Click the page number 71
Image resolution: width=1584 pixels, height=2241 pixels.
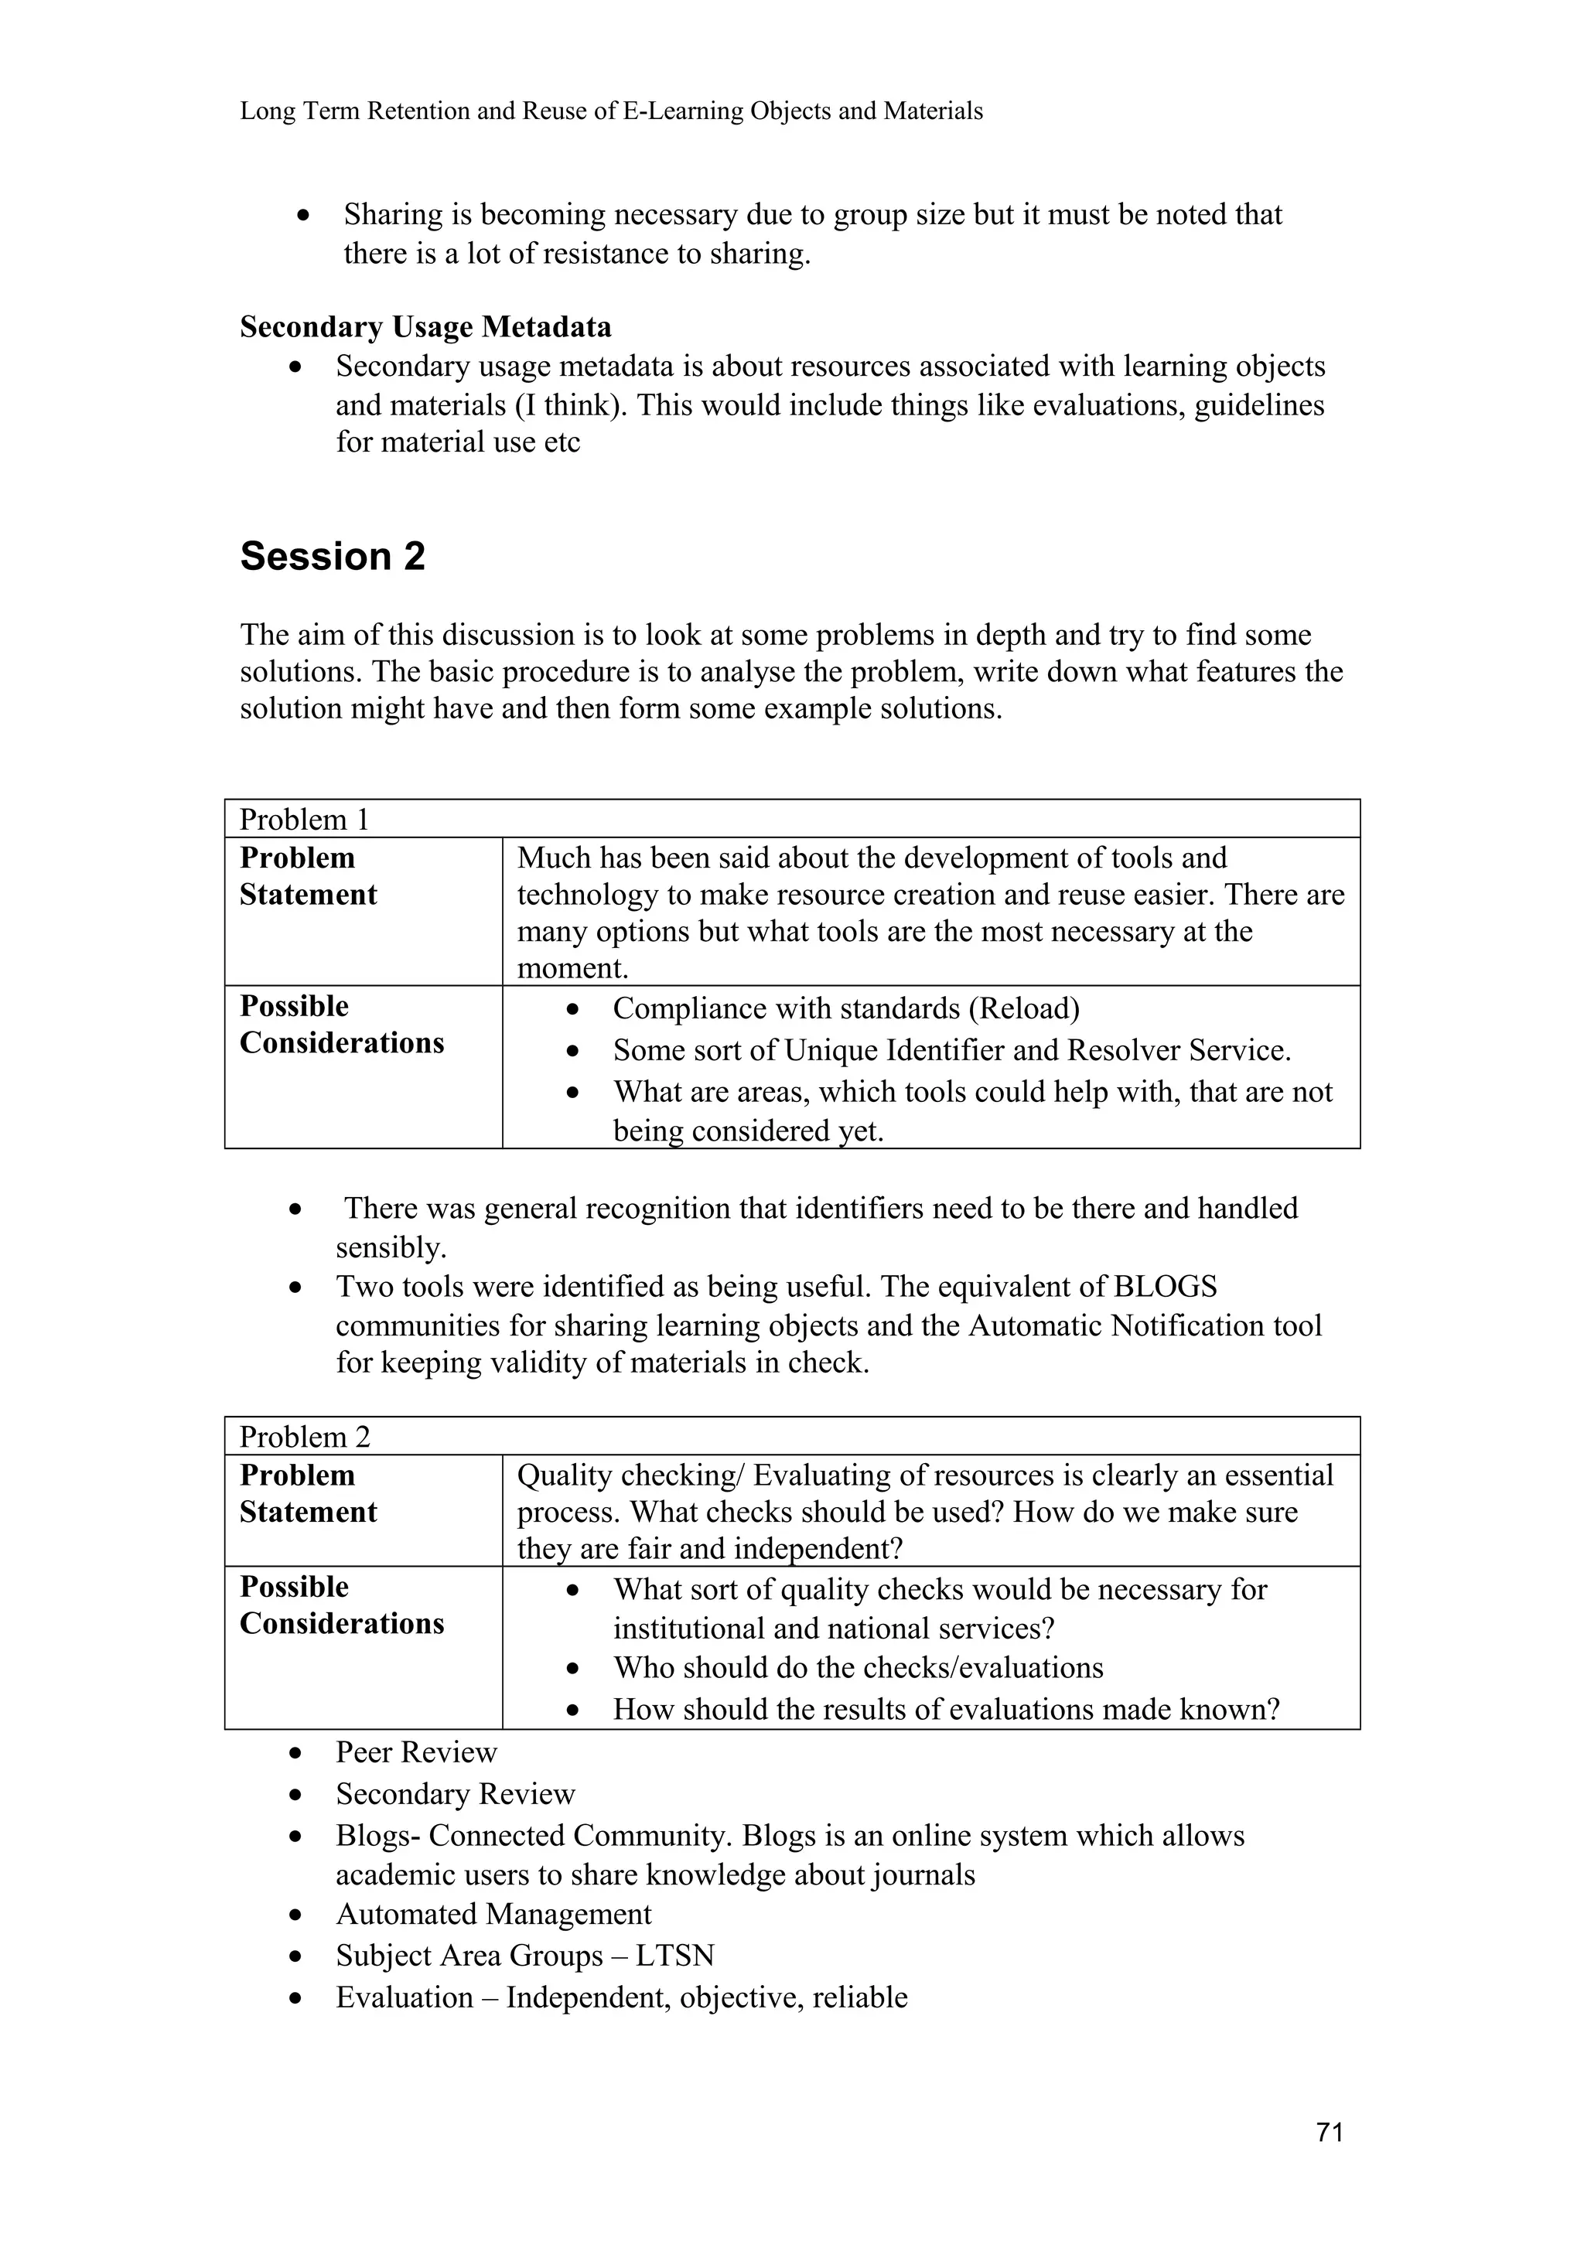coord(1330,2133)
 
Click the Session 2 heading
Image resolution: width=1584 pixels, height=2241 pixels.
coord(333,556)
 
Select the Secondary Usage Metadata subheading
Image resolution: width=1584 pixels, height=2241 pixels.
coord(425,326)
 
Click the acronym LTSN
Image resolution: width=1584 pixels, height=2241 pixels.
coord(674,1955)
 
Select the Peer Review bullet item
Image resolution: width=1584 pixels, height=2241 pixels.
coord(416,1752)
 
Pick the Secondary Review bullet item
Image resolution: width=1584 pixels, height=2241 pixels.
coord(455,1793)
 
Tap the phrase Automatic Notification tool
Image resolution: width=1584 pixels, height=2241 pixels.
coord(1145,1325)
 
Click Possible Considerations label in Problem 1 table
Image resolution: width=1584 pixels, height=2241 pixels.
coord(342,1024)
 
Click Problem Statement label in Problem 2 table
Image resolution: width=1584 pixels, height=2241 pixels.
coord(309,1493)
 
